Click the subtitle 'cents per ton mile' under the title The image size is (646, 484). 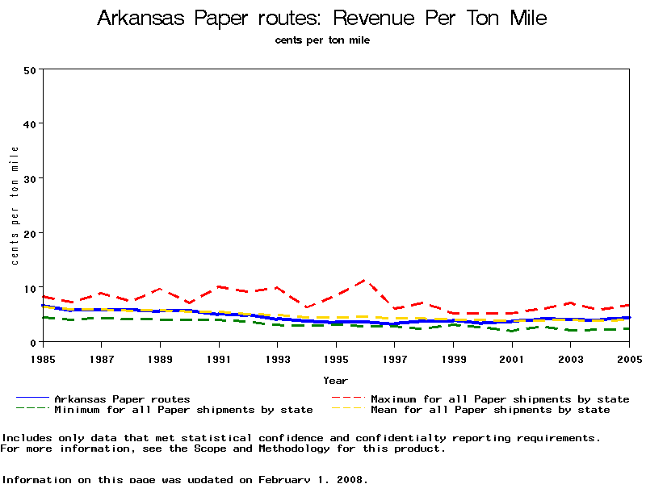pyautogui.click(x=322, y=40)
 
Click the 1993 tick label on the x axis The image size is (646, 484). pyautogui.click(x=277, y=357)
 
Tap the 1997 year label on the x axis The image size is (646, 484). pyautogui.click(x=395, y=357)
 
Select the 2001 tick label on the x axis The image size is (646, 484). pyautogui.click(x=512, y=357)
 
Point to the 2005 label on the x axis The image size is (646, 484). pyautogui.click(x=629, y=357)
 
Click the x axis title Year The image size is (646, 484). pyautogui.click(x=335, y=380)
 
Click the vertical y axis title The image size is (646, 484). pyautogui.click(x=15, y=206)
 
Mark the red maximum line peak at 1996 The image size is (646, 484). pyautogui.click(x=365, y=280)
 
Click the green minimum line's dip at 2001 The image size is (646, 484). pyautogui.click(x=512, y=331)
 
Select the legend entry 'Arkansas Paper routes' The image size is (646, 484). pyautogui.click(x=121, y=398)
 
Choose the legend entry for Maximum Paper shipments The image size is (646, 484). pyautogui.click(x=499, y=398)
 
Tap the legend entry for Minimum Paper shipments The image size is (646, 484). pyautogui.click(x=182, y=410)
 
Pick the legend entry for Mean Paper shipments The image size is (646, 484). pyautogui.click(x=490, y=410)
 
